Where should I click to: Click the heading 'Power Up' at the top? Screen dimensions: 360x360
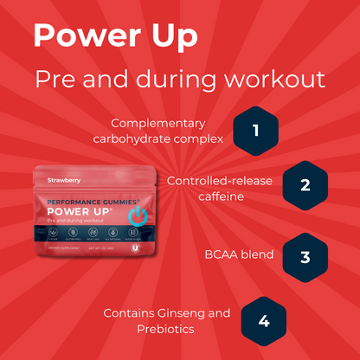[114, 37]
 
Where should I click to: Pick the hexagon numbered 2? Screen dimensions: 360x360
[305, 184]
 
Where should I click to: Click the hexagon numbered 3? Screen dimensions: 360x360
[305, 256]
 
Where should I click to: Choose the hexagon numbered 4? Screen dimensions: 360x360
[264, 320]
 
